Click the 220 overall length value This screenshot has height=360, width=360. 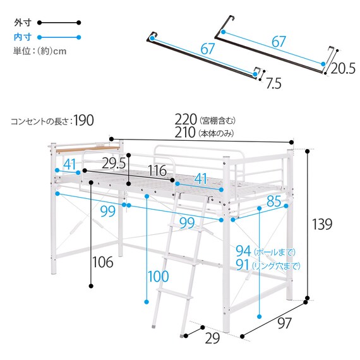pyautogui.click(x=186, y=119)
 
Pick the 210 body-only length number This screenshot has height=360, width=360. pyautogui.click(x=186, y=133)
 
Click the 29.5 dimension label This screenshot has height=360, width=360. pyautogui.click(x=116, y=164)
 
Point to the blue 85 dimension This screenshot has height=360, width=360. pyautogui.click(x=273, y=202)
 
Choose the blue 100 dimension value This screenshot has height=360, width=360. pyautogui.click(x=159, y=276)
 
